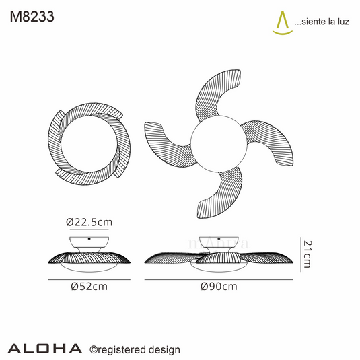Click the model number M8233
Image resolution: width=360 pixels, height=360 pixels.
[32, 17]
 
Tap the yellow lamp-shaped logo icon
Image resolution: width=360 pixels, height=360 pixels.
[282, 23]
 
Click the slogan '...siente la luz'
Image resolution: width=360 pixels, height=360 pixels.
[322, 22]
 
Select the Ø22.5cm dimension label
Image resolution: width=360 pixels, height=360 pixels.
[89, 222]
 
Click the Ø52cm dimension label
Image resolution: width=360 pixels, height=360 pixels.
[89, 286]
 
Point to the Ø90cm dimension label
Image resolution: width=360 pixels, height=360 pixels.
[219, 286]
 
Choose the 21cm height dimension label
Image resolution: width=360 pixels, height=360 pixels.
[308, 254]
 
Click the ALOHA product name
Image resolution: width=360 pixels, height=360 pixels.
[45, 349]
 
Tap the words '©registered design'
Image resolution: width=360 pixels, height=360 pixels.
[135, 350]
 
